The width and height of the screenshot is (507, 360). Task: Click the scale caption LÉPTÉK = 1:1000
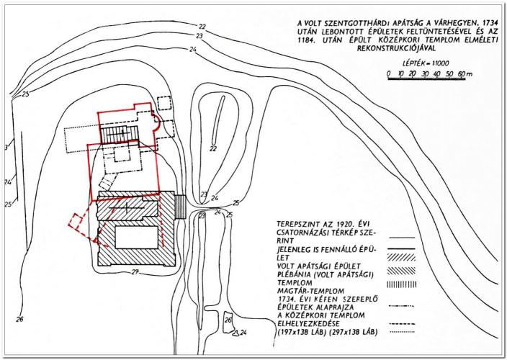click(x=426, y=63)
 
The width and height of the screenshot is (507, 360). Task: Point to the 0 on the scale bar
click(x=389, y=73)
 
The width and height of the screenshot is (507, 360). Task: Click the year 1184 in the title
click(x=306, y=41)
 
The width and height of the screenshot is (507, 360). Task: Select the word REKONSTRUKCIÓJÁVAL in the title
click(x=396, y=49)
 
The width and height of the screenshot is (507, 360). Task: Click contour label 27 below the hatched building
click(x=135, y=272)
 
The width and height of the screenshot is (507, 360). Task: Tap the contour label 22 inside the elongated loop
click(x=212, y=148)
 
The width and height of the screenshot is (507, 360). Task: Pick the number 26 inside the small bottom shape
click(x=228, y=320)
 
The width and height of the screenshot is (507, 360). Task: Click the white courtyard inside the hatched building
click(x=136, y=237)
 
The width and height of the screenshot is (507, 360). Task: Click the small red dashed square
click(x=75, y=220)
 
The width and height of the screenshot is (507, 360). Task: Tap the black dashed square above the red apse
click(x=163, y=104)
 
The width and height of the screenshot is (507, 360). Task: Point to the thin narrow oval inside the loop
click(x=218, y=120)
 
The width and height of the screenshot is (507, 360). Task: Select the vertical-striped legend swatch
click(x=401, y=284)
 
